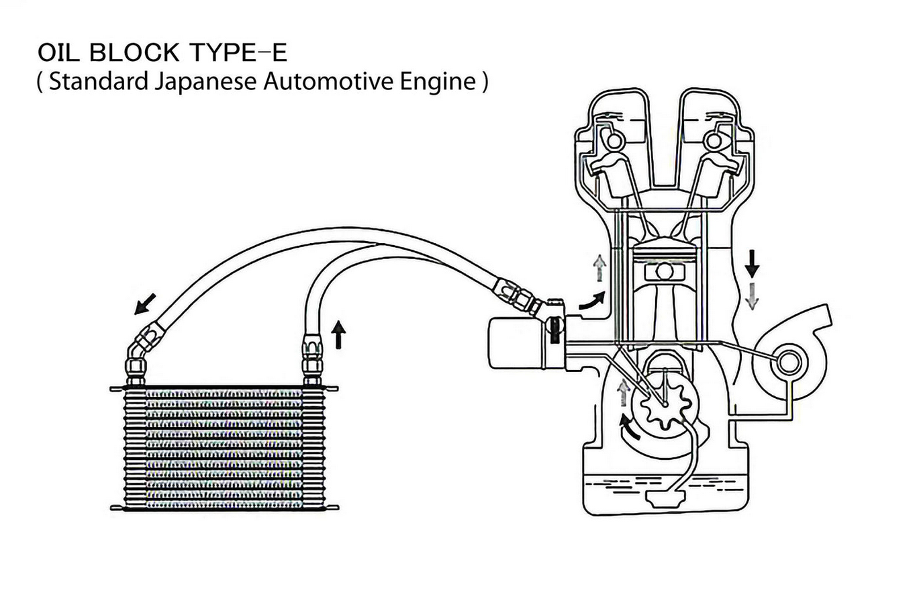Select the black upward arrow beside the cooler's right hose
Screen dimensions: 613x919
pyautogui.click(x=339, y=334)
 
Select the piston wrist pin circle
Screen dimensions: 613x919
pyautogui.click(x=665, y=272)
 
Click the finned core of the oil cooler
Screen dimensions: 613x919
pyautogui.click(x=225, y=449)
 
